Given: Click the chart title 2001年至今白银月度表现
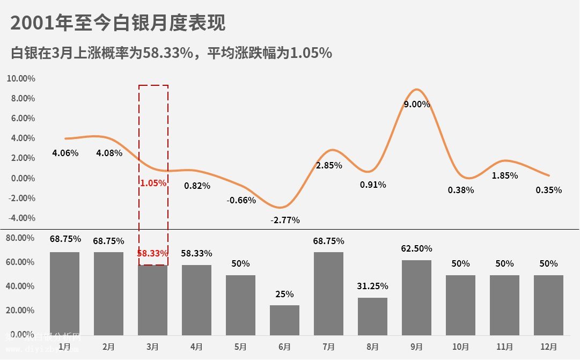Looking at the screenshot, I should (x=118, y=24).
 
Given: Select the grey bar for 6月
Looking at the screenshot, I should (x=284, y=320).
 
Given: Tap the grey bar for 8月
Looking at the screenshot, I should (x=372, y=317).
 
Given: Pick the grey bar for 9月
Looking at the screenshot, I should (x=416, y=298).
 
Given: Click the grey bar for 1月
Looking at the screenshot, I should (x=64, y=293).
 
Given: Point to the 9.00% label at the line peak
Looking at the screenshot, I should (x=417, y=105).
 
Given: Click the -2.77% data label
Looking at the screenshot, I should (x=285, y=220).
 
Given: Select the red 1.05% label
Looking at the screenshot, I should (x=153, y=183).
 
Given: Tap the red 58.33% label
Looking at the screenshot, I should (x=152, y=253).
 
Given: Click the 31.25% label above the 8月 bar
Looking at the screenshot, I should (x=372, y=286).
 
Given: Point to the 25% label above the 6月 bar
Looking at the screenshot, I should (x=284, y=294).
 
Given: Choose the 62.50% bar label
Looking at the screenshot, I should (x=416, y=248).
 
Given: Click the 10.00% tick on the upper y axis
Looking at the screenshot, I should (x=21, y=78).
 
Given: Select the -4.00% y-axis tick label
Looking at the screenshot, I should (x=21, y=218).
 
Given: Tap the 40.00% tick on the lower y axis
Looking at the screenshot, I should (x=21, y=286).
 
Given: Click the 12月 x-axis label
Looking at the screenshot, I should (x=549, y=347).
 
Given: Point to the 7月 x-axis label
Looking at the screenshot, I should (x=328, y=347).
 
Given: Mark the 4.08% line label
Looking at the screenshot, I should (x=109, y=153).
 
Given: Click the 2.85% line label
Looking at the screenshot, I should (x=329, y=166).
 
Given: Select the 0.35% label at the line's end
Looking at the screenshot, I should (x=549, y=190).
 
